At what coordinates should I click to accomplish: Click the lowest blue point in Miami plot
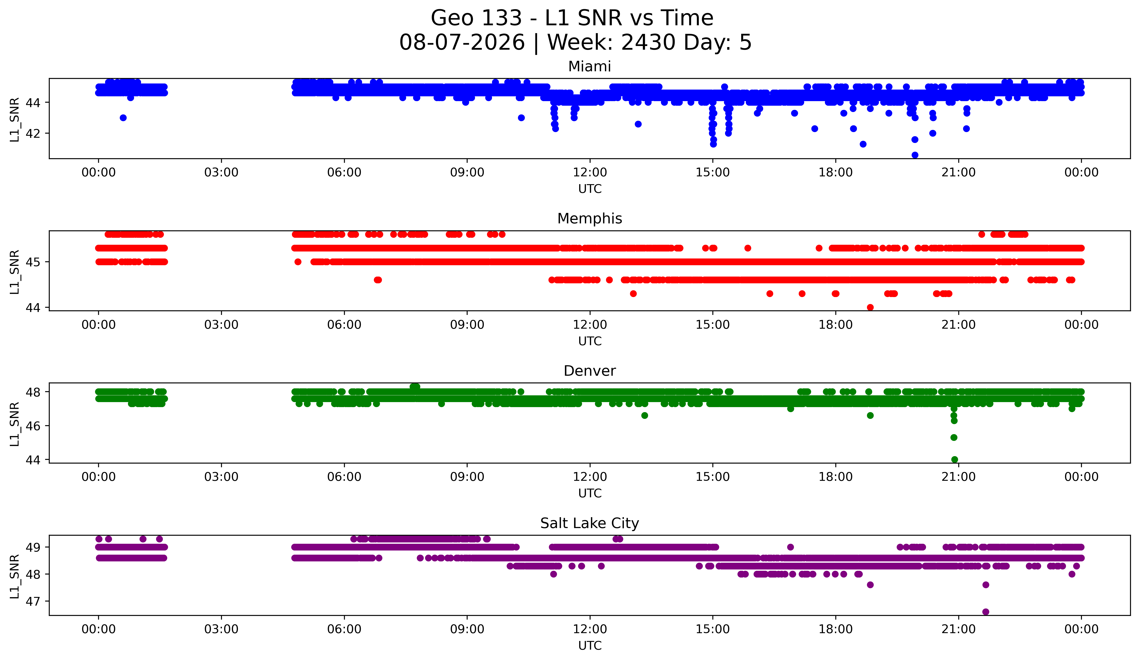tap(915, 155)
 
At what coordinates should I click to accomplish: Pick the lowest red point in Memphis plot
tap(870, 307)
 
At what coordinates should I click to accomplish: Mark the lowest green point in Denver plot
tap(954, 459)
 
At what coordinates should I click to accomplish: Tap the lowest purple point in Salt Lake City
tap(986, 612)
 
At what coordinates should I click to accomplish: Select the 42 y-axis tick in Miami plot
tap(33, 133)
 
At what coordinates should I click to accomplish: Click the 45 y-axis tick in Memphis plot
tap(33, 262)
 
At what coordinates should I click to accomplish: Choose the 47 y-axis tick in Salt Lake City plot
tap(33, 601)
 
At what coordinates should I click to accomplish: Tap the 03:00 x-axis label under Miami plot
tap(221, 173)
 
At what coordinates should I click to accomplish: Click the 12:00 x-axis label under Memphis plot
tap(590, 325)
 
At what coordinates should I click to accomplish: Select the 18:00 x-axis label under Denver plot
tap(836, 477)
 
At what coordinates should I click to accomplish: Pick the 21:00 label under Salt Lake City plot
tap(959, 629)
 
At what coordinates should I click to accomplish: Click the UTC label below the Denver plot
tap(590, 493)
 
